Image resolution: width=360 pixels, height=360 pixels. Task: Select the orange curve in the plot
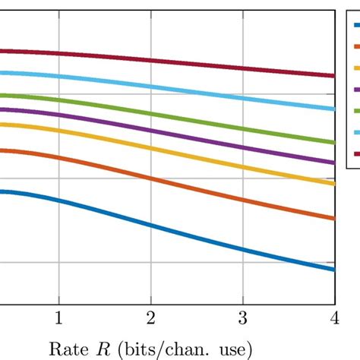[152, 179]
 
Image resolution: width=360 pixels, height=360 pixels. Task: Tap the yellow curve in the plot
[152, 149]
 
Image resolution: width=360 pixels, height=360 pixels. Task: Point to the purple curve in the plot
[152, 131]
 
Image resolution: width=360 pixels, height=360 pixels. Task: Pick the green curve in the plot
[152, 112]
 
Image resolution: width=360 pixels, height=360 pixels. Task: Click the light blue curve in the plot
[152, 85]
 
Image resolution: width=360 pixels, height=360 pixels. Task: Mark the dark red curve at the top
[152, 59]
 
